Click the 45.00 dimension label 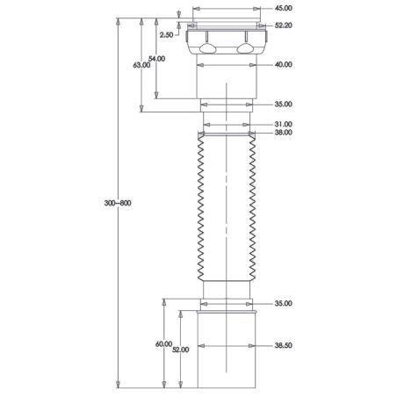click(283, 8)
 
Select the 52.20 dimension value click(283, 25)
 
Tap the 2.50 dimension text click(166, 35)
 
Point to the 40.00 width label click(283, 64)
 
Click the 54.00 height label click(156, 59)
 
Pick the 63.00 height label click(141, 65)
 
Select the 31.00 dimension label click(283, 124)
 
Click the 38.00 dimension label click(283, 133)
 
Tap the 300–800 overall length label click(118, 203)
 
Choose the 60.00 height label click(163, 344)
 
